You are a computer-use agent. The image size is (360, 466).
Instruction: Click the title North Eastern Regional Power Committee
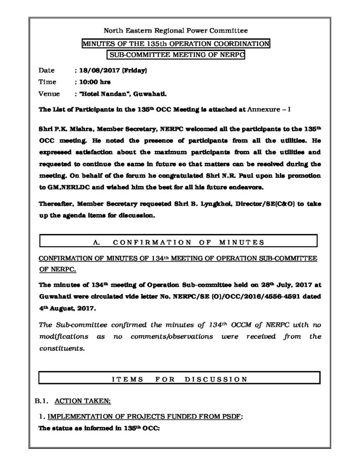(x=176, y=31)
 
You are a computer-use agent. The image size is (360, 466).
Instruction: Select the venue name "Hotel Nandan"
(x=106, y=94)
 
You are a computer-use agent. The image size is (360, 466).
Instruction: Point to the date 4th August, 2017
(x=67, y=309)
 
